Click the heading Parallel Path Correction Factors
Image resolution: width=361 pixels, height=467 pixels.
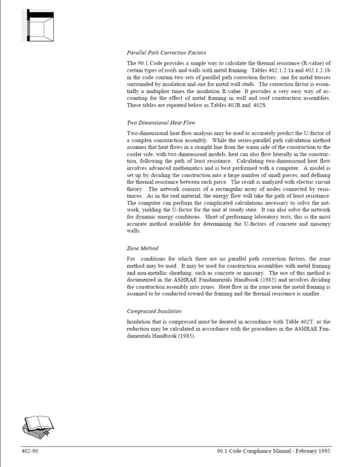point(166,52)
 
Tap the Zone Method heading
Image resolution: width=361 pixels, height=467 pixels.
point(143,249)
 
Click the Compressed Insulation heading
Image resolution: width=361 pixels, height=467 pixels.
point(154,311)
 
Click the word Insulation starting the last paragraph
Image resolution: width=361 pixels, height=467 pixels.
point(139,322)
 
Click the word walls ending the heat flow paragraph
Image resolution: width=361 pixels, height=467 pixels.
point(133,231)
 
